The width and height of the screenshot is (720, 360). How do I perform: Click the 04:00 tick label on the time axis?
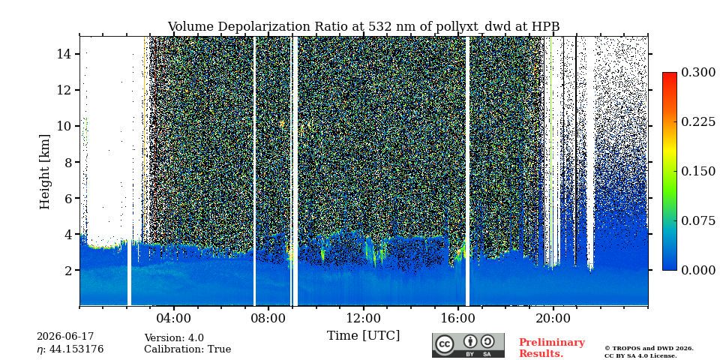point(174,318)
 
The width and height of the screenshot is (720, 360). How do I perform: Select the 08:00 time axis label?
point(268,318)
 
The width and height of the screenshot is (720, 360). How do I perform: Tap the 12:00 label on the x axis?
point(363,318)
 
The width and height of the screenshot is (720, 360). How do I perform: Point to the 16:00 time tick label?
point(457,318)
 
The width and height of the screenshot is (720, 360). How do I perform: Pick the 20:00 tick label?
point(553,318)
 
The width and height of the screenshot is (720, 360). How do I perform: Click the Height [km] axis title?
point(44,172)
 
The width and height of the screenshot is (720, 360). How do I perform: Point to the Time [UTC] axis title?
point(363,336)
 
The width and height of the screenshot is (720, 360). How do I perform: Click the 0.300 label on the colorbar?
point(698,72)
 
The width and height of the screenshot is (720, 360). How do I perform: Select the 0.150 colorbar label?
point(698,171)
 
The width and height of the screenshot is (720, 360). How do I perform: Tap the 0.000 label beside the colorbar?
point(698,270)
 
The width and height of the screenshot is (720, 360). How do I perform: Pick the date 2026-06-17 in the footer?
point(65,337)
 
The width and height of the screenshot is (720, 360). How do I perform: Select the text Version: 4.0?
point(174,338)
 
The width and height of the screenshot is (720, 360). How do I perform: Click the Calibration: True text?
point(187,349)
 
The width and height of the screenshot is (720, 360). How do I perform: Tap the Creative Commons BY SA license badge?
point(468,345)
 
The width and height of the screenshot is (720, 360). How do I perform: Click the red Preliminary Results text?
point(552,348)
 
